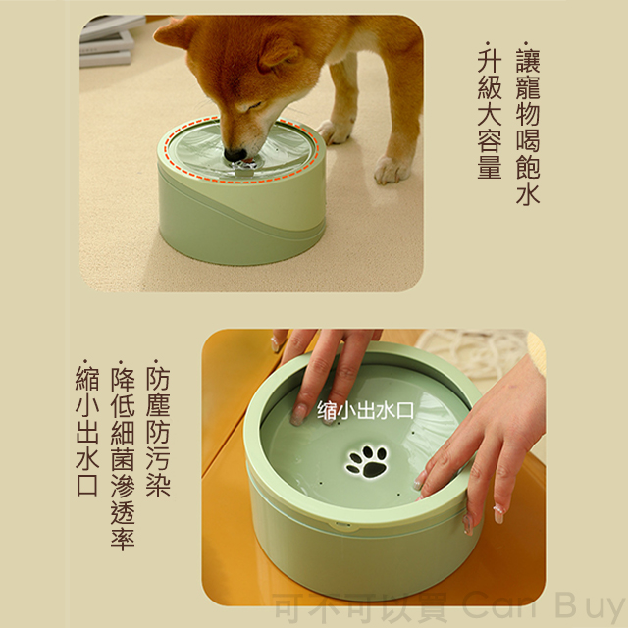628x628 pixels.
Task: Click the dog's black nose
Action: (x=235, y=155)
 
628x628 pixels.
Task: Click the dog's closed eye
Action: (x=254, y=105)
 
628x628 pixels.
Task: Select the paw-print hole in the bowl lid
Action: (x=367, y=461)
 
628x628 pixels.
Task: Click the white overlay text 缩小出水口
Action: (x=365, y=410)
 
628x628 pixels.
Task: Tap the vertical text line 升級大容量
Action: (x=490, y=111)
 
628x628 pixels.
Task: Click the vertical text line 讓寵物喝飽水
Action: (x=528, y=124)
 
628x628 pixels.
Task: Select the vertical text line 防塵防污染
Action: (x=158, y=429)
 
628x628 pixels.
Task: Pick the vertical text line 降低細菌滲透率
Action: (x=123, y=455)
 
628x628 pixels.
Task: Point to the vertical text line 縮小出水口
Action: (x=87, y=429)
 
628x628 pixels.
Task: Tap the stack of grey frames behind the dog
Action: (x=107, y=40)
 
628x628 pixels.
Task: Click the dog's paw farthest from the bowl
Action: (x=392, y=170)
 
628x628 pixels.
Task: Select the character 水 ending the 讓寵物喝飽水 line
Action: (x=528, y=194)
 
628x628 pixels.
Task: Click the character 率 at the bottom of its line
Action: (x=123, y=539)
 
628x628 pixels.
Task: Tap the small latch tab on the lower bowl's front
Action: (x=343, y=524)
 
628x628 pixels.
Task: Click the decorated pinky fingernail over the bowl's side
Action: (x=498, y=514)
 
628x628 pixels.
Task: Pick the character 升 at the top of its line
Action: (x=490, y=60)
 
